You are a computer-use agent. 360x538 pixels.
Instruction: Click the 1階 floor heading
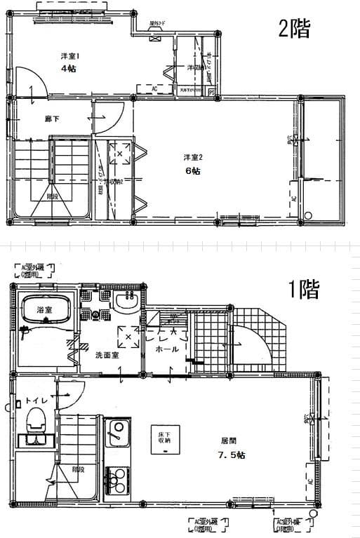point(305,289)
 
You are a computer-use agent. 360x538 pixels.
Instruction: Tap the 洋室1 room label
point(68,56)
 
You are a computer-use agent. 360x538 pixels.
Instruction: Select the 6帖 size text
point(192,170)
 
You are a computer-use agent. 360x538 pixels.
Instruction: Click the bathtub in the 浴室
point(44,307)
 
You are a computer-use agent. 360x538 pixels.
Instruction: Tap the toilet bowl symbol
point(35,422)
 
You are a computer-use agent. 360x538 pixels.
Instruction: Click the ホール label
point(166,349)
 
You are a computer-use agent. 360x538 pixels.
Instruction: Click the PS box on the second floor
point(211,92)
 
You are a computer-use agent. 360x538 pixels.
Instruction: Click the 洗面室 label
point(107,355)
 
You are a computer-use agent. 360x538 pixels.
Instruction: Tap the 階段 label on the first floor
point(77,469)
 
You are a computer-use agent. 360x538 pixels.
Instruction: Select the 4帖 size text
point(67,69)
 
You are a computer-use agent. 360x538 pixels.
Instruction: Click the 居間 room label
point(229,442)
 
